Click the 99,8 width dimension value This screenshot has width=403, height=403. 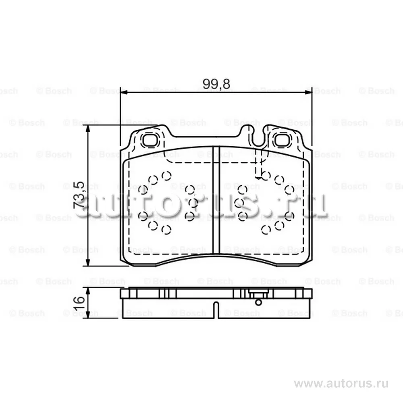(x=216, y=84)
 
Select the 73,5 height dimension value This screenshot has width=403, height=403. (x=79, y=195)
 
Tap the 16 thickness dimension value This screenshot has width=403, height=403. (x=79, y=303)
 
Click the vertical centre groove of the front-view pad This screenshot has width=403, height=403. (x=216, y=200)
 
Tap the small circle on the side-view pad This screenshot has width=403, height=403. (x=259, y=302)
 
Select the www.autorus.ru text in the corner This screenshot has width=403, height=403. (x=341, y=384)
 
